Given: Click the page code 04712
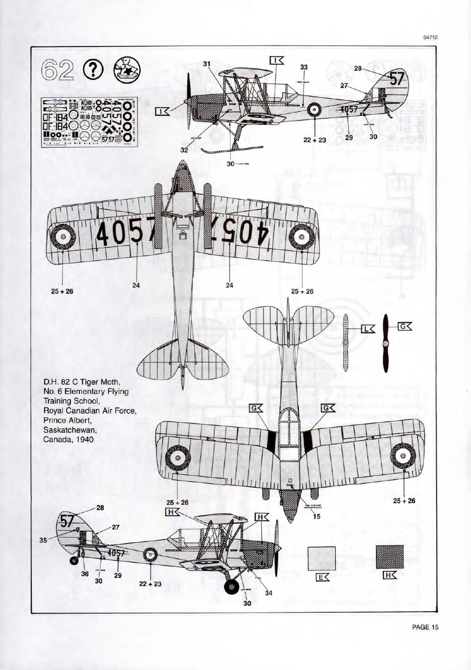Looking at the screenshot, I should click(431, 37).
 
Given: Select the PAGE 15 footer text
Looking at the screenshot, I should click(425, 627).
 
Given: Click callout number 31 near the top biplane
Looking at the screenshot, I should click(207, 63).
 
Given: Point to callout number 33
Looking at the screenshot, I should click(304, 67).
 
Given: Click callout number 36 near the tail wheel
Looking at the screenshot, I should click(85, 573).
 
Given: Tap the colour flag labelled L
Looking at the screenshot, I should click(368, 329).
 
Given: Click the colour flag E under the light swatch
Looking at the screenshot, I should click(322, 577).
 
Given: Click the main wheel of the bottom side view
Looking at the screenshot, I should click(232, 588).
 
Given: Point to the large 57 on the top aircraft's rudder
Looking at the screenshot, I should click(397, 79).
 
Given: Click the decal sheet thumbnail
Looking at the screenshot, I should click(90, 121).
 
